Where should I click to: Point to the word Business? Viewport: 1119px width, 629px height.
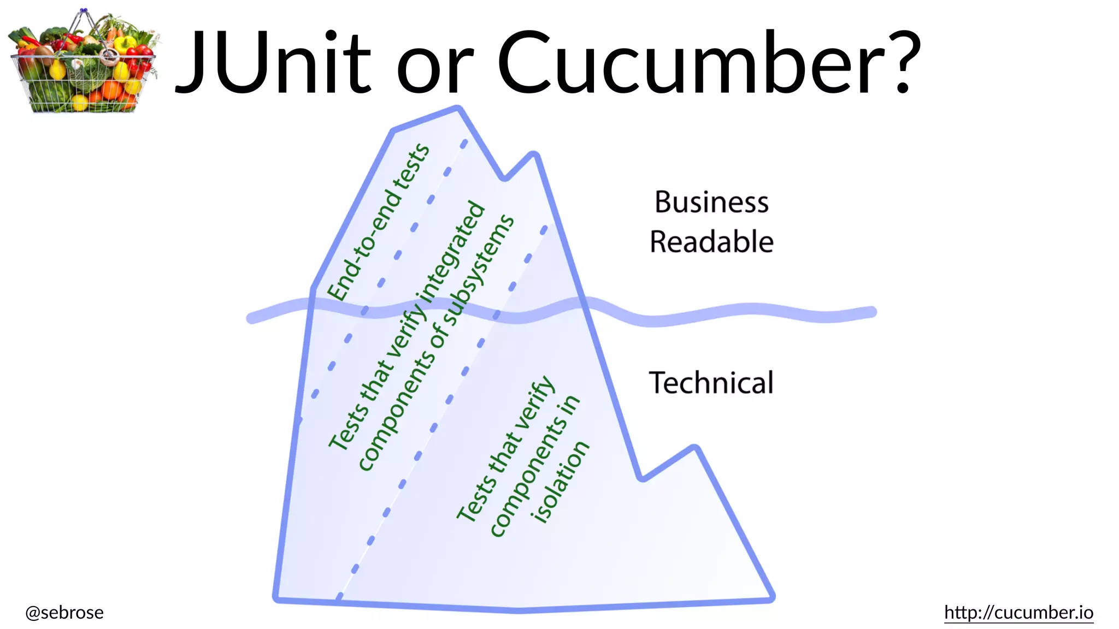point(711,202)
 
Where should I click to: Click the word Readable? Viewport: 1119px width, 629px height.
point(711,242)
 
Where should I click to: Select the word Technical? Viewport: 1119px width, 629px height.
point(711,382)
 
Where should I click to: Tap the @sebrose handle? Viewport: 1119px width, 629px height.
point(64,612)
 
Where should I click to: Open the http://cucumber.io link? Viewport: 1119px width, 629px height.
point(1018,612)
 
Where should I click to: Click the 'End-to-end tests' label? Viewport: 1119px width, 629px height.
point(378,223)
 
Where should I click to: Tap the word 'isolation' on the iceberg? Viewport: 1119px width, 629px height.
point(561,482)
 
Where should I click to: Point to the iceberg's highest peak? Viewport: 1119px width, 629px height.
point(458,109)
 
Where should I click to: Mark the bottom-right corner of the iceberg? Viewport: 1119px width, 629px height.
point(771,599)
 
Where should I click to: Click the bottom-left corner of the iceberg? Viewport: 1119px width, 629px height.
point(276,600)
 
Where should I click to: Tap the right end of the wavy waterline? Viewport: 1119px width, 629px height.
point(872,312)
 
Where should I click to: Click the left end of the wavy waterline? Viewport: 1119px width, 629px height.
point(251,318)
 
